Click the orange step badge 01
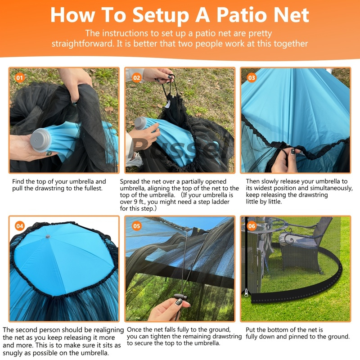(20, 78)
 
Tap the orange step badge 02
(137, 78)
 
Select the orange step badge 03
(252, 78)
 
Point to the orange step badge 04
(20, 226)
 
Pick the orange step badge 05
(137, 226)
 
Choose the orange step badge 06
(252, 226)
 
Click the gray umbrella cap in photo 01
(40, 140)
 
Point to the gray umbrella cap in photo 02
(140, 123)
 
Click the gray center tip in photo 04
(48, 237)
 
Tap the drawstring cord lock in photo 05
(181, 297)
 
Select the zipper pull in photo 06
(246, 292)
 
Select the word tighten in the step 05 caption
(162, 337)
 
